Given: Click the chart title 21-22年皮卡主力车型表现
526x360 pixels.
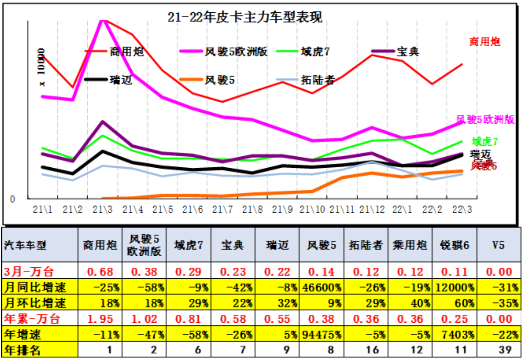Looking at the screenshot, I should [x=245, y=17].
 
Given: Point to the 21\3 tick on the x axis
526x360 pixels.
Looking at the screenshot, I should [x=102, y=209].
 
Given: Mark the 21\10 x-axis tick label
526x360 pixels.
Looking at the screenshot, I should [x=312, y=209].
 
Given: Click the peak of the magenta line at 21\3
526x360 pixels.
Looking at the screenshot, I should [x=102, y=20].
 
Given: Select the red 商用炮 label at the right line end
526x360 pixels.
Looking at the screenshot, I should [x=485, y=42].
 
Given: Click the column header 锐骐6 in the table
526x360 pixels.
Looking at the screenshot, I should [x=454, y=245].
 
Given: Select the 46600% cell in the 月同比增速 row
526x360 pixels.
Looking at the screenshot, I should [x=321, y=288].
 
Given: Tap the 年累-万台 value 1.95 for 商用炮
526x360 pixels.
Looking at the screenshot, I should [x=100, y=319].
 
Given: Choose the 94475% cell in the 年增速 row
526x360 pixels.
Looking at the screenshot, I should [x=321, y=335].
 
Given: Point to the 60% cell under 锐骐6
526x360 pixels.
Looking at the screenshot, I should [x=454, y=303].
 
